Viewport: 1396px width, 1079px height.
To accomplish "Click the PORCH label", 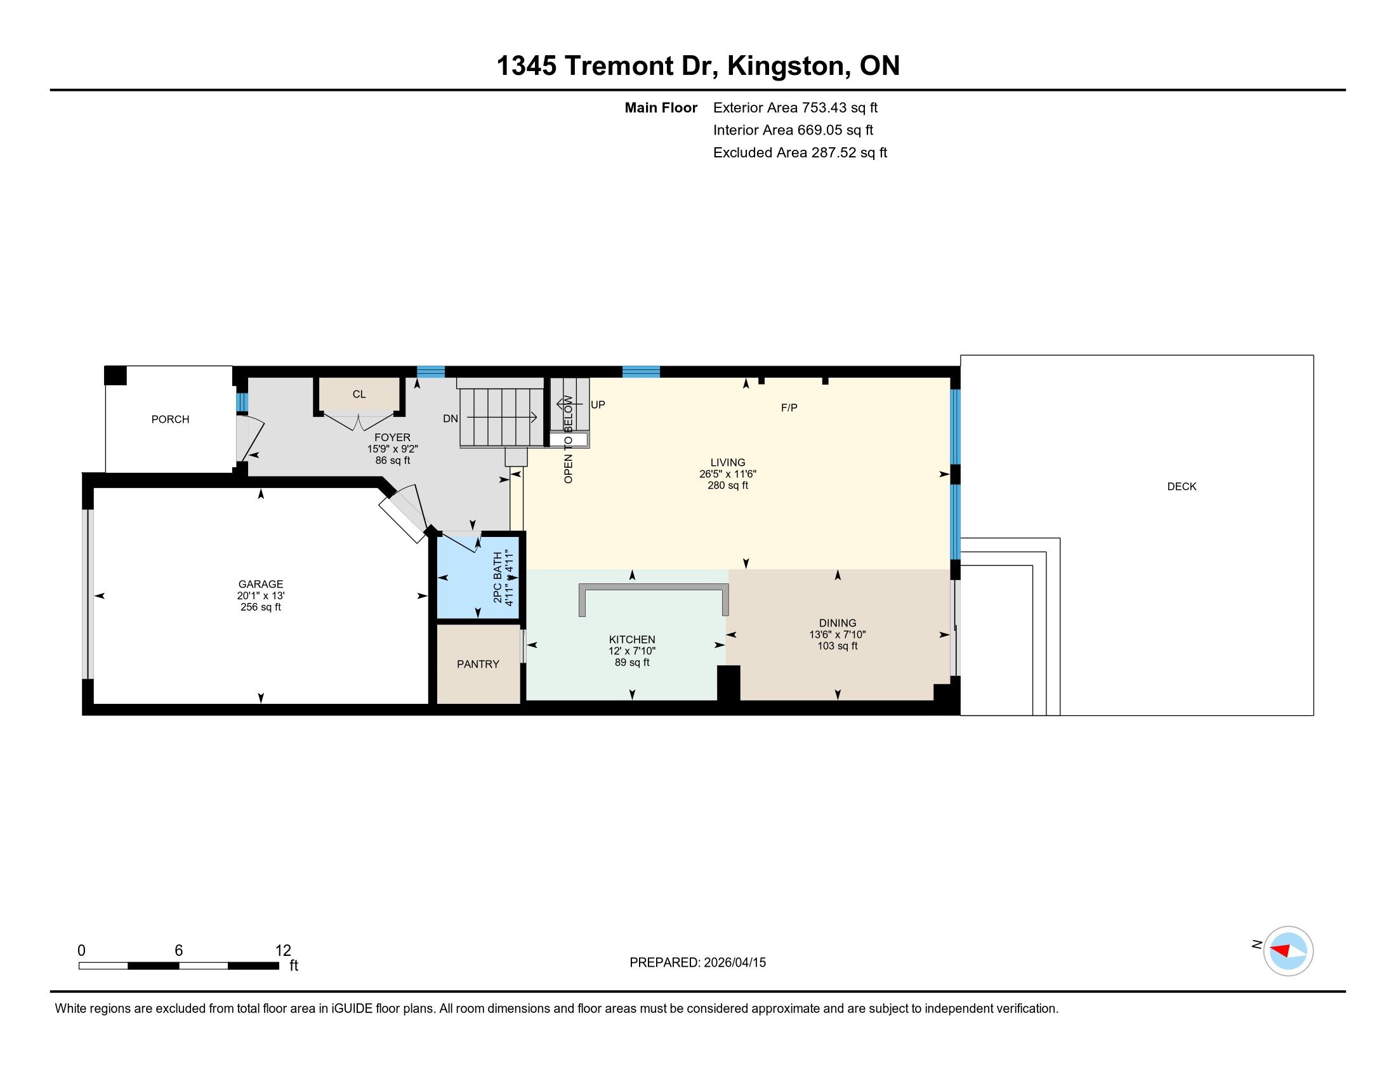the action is [x=170, y=420].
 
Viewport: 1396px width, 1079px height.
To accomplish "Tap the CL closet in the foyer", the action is [x=359, y=394].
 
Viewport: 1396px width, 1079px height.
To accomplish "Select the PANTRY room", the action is [x=478, y=663].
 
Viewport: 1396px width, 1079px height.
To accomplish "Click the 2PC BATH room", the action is [x=477, y=578].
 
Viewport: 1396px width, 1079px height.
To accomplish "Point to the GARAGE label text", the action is [x=261, y=584].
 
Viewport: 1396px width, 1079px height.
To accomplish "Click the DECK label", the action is [x=1182, y=486].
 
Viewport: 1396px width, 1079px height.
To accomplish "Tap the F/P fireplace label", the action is [x=789, y=408].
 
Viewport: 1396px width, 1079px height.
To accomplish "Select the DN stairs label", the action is [x=451, y=419].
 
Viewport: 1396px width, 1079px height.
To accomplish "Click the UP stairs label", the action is [x=598, y=405].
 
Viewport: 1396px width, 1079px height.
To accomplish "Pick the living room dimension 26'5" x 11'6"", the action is [x=728, y=474].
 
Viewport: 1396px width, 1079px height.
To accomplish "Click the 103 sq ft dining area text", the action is [x=838, y=646].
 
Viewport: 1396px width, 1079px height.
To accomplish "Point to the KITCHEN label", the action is [x=632, y=640].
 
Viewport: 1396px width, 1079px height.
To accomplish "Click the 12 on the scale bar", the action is [x=283, y=951].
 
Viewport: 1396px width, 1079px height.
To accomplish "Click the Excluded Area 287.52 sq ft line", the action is [x=800, y=153].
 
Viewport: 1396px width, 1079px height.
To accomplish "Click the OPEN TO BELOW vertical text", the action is [x=569, y=439].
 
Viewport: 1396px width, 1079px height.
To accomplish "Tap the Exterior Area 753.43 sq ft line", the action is [x=796, y=108].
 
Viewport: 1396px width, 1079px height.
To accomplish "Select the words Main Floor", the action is [x=661, y=108].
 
